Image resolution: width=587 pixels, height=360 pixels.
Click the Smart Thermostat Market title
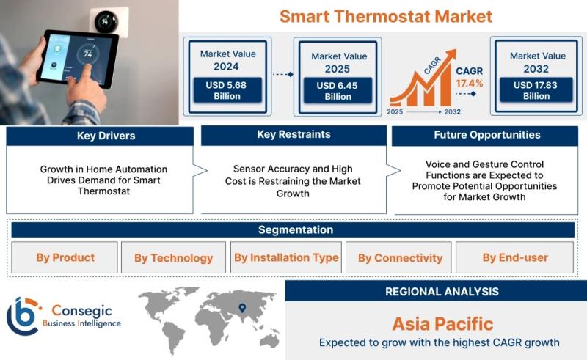[386, 17]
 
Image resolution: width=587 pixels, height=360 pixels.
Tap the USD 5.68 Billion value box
[227, 90]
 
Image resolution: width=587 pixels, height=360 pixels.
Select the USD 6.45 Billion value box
[338, 91]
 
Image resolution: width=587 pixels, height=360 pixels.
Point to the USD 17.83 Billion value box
[536, 90]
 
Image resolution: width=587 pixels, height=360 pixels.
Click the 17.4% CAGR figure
[469, 83]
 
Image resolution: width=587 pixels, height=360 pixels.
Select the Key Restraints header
[294, 135]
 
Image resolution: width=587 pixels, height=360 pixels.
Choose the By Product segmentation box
[65, 257]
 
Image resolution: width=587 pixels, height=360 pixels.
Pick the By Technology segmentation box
[173, 257]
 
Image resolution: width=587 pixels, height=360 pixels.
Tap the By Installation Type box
[286, 257]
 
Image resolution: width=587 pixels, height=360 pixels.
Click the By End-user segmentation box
[515, 257]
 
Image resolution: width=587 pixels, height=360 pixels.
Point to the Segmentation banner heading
[296, 229]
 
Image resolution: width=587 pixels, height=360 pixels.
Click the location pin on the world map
[242, 308]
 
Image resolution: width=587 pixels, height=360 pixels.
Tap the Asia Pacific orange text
[442, 324]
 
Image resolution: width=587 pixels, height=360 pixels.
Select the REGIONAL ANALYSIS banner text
[442, 292]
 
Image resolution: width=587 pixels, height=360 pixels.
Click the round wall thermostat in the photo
[106, 22]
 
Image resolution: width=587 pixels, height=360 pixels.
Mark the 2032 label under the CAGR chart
[453, 112]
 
